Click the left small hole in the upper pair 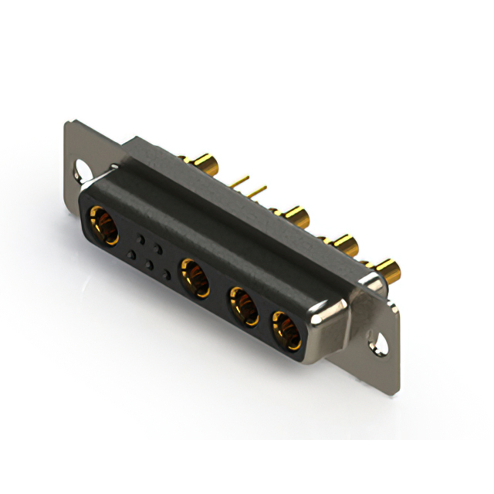tap(140, 236)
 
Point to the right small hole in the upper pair tap(158, 247)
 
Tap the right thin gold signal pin tap(258, 189)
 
